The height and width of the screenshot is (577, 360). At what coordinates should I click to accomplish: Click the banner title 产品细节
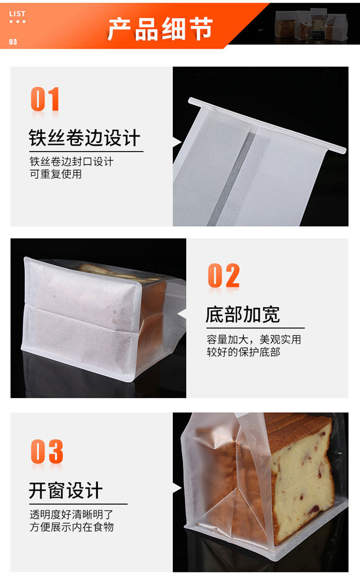pyautogui.click(x=159, y=30)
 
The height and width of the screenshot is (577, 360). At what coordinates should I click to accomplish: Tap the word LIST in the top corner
pyautogui.click(x=17, y=14)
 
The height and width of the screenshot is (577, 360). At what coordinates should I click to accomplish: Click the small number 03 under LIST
pyautogui.click(x=13, y=42)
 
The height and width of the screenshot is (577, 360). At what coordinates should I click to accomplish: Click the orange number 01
pyautogui.click(x=45, y=99)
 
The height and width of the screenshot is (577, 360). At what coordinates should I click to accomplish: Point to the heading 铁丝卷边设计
pyautogui.click(x=85, y=138)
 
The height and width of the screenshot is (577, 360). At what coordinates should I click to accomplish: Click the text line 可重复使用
pyautogui.click(x=56, y=174)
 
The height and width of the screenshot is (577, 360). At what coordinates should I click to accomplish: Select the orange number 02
pyautogui.click(x=223, y=276)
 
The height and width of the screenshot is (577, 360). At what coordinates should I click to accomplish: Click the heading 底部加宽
pyautogui.click(x=243, y=314)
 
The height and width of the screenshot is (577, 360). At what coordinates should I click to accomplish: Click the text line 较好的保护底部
pyautogui.click(x=243, y=352)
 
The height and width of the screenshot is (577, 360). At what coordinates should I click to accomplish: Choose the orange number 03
pyautogui.click(x=47, y=452)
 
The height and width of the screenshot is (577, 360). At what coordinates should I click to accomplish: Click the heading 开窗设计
pyautogui.click(x=66, y=491)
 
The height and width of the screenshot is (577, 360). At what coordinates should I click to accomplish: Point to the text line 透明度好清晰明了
pyautogui.click(x=72, y=514)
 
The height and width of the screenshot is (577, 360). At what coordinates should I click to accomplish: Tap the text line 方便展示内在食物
pyautogui.click(x=72, y=527)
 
